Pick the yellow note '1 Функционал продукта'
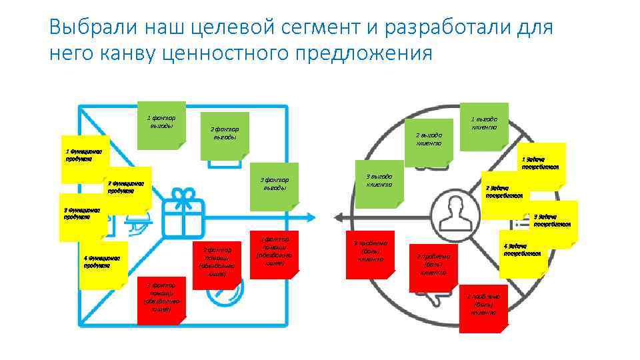pyautogui.click(x=83, y=158)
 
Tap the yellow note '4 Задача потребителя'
pyautogui.click(x=524, y=253)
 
